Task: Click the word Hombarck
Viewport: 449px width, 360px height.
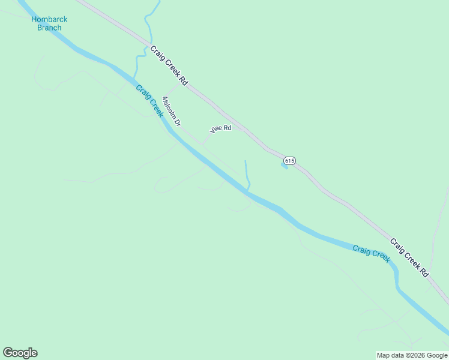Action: (49, 19)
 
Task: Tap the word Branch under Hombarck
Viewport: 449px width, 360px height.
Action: (49, 28)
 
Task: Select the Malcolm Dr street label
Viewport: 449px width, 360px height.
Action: (171, 111)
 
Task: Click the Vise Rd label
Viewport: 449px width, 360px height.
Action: (220, 128)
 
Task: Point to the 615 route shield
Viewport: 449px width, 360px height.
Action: (289, 160)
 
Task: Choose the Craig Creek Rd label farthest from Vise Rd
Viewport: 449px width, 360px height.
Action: (410, 257)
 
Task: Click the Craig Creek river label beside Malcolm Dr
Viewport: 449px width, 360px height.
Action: (149, 100)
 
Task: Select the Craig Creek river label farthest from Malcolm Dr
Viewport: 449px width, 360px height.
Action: (371, 253)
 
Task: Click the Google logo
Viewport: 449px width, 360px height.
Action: (20, 353)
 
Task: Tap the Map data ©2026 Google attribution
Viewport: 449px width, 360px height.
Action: (412, 355)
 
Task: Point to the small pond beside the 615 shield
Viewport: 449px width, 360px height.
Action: (284, 166)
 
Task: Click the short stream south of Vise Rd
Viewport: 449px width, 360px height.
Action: (247, 174)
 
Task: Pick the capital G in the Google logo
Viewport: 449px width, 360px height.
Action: (8, 353)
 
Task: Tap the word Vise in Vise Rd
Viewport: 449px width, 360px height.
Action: (216, 130)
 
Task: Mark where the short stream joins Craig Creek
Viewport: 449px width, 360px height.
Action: (248, 191)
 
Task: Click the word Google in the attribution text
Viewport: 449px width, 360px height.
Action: (436, 355)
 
